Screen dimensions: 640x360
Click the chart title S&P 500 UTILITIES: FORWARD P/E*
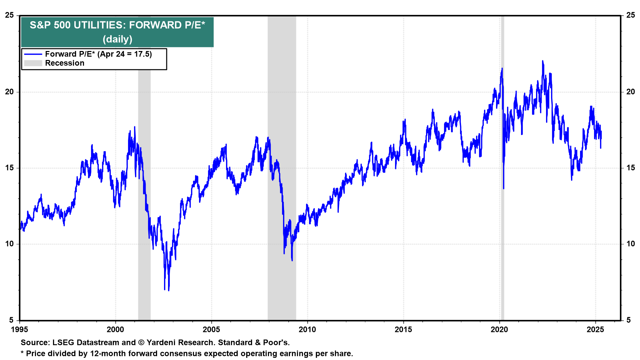117,25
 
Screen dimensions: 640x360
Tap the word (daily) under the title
117,39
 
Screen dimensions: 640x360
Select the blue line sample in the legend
33,54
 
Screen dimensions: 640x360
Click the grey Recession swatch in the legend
33,63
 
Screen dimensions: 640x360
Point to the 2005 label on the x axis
211,330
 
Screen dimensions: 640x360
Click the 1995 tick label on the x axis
19,330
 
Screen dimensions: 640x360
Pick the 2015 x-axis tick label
403,330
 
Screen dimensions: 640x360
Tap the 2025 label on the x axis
595,330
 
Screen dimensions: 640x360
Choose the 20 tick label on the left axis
10,92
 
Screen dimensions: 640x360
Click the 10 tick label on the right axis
631,244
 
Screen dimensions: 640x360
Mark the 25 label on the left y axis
10,15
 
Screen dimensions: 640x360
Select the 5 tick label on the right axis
629,320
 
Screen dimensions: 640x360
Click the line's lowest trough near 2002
169,290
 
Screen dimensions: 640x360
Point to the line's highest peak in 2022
543,61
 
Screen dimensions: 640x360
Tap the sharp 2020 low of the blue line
504,188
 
